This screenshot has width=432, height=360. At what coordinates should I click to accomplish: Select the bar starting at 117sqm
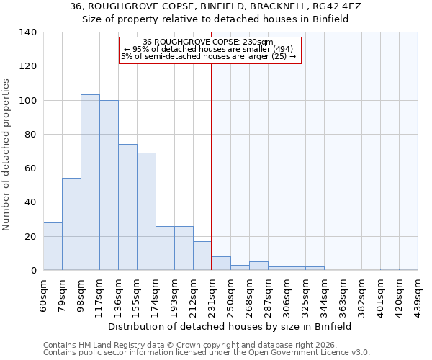(109, 185)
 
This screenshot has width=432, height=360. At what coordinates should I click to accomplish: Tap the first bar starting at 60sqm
(53, 246)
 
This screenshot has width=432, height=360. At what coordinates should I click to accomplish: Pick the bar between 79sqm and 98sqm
(71, 224)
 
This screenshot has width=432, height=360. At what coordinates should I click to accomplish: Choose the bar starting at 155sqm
(146, 212)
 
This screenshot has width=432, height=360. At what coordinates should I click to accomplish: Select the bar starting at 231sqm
(221, 264)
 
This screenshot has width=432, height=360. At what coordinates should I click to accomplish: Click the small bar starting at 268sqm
(258, 266)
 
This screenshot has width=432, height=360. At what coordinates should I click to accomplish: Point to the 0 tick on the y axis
(33, 271)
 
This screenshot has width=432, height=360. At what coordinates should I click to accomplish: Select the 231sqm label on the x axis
(212, 292)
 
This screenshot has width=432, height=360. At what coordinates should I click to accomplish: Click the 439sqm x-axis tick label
(418, 292)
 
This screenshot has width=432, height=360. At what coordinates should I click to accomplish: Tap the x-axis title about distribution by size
(230, 326)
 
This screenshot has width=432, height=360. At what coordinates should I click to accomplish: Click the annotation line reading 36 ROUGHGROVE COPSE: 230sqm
(209, 42)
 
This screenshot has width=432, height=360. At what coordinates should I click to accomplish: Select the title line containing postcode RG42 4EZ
(216, 6)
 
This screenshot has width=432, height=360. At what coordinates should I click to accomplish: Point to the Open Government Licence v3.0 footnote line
(207, 352)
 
